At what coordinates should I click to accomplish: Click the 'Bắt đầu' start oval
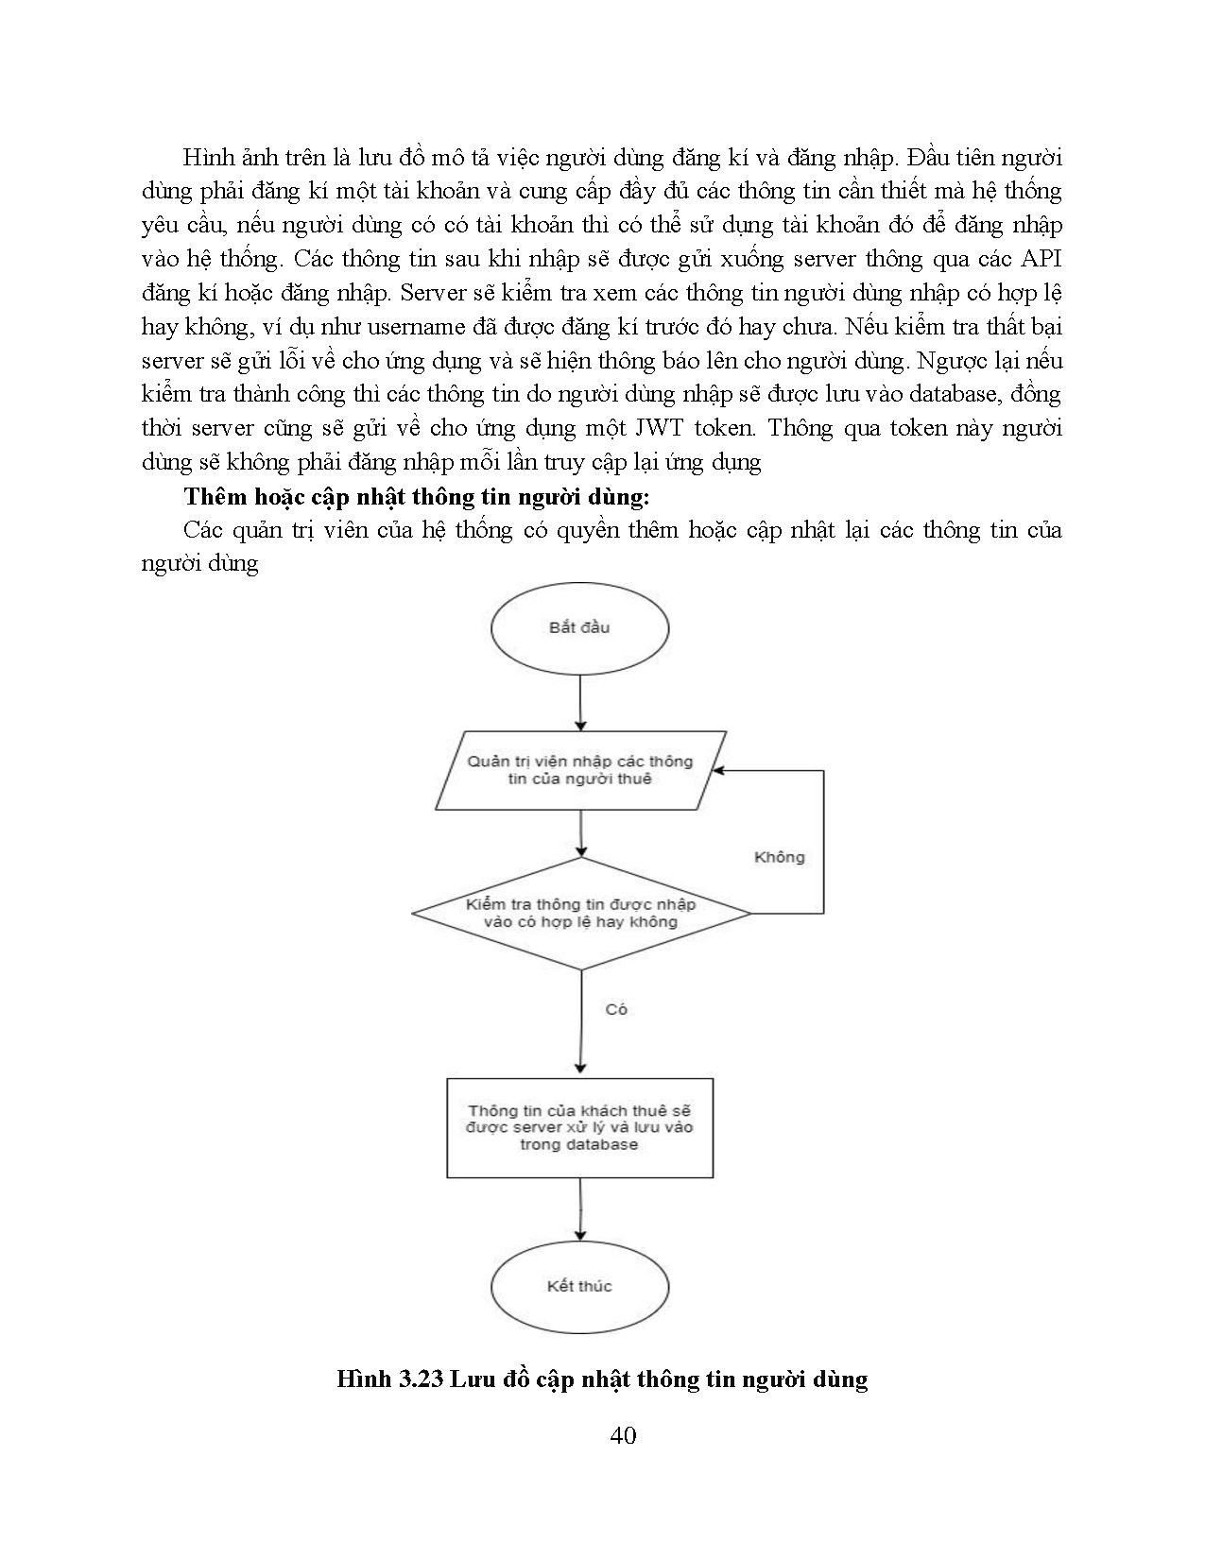tap(579, 627)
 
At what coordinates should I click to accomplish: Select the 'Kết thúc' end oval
tap(579, 1286)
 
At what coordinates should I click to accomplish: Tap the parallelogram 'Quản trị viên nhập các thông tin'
tap(579, 770)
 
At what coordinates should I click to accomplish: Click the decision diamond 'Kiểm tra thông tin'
tap(580, 913)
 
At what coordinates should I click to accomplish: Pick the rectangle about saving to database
tap(579, 1127)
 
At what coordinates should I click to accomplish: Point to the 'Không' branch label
tap(779, 857)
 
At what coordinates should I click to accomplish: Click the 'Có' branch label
tap(616, 1009)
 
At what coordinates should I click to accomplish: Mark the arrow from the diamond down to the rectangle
tap(579, 1025)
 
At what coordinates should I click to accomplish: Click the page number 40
tap(623, 1436)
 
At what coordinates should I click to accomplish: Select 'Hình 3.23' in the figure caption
tap(389, 1379)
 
